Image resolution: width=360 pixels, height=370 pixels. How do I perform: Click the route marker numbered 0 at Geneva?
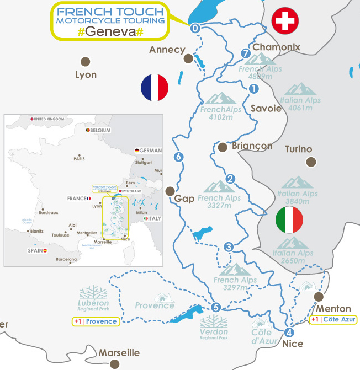point(195,28)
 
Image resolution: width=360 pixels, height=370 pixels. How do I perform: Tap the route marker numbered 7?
point(246,53)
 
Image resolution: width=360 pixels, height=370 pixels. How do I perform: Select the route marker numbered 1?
point(254,88)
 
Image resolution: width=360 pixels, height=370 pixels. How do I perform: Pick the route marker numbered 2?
point(231,179)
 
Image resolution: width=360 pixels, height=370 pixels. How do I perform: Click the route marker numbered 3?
point(229,247)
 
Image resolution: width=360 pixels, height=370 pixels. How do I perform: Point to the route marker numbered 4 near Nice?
point(290,333)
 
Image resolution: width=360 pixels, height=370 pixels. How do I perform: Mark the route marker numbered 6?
point(178,157)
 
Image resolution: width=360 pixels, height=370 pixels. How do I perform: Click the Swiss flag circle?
point(285,22)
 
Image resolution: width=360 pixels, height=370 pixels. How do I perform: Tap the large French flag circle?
point(155,88)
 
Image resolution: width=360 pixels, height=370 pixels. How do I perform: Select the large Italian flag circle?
point(289,219)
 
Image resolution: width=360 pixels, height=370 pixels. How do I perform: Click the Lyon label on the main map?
point(86,74)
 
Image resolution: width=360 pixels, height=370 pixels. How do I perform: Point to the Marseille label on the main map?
point(119,353)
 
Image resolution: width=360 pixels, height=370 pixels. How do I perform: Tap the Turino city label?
point(299,149)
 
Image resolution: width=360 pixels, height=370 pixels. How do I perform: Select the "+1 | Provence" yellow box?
point(96,321)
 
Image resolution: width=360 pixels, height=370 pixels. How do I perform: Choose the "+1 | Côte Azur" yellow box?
point(333,319)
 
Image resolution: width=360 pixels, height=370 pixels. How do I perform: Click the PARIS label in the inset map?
point(79,159)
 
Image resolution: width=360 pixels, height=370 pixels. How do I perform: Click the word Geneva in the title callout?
point(110,31)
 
